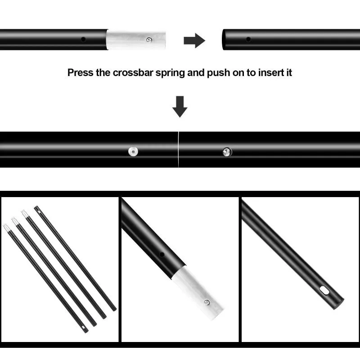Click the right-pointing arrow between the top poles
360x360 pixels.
coord(194,40)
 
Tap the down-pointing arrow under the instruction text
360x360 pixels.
coord(180,107)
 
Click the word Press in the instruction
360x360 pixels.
coord(81,73)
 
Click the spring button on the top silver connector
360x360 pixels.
coord(149,40)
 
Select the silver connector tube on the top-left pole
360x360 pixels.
coord(136,40)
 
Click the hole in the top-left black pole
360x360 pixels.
coord(83,39)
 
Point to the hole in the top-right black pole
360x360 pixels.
coord(248,39)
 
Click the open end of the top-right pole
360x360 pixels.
coord(223,40)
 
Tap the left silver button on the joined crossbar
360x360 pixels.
coord(133,152)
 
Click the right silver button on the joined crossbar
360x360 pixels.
coord(227,152)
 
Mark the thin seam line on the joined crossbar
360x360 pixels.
coord(178,149)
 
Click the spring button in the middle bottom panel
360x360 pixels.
coord(207,302)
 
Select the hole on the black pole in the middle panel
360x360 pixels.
coord(162,254)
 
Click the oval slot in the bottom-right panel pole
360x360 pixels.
coord(324,290)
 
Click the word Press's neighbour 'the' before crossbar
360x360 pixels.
coord(103,73)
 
